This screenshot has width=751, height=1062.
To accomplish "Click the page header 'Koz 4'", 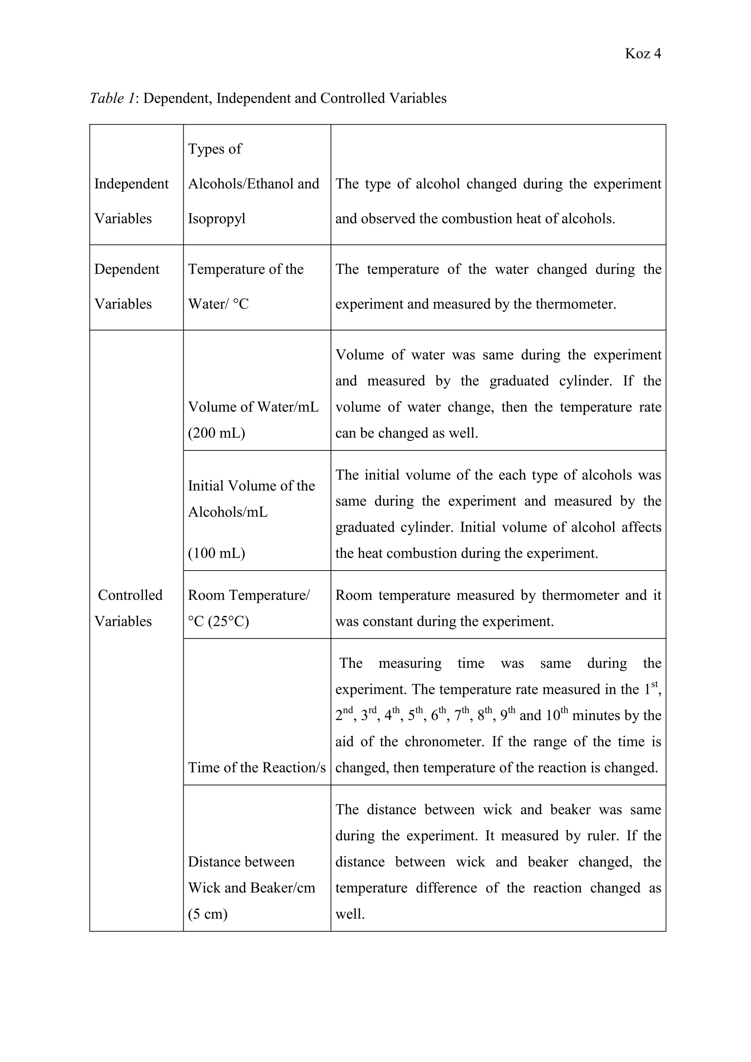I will [642, 54].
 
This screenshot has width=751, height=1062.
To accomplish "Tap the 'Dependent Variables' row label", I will [127, 286].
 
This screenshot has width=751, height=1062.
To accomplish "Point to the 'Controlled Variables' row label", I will [129, 607].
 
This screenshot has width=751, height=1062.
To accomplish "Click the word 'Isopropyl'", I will [216, 218].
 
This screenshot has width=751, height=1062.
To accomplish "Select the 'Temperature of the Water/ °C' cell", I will [246, 286].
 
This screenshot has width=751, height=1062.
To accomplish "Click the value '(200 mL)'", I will [216, 433].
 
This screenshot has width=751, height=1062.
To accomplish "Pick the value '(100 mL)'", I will [216, 553].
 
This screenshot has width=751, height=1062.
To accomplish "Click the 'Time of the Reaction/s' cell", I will [257, 768].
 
